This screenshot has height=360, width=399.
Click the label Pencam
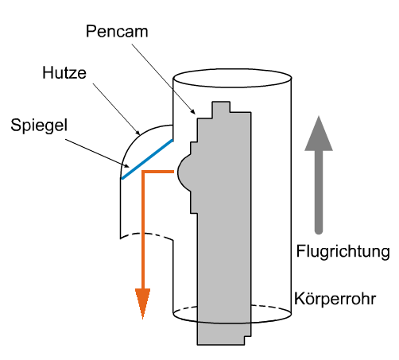point(117,32)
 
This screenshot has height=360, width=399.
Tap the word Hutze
point(64,72)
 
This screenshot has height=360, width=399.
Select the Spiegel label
point(39,125)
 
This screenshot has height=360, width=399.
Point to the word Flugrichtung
point(343,251)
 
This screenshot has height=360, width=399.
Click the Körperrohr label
point(335,299)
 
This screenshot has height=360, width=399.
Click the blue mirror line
point(147,159)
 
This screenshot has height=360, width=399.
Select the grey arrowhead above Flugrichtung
point(319,134)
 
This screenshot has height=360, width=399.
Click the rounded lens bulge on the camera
point(184,172)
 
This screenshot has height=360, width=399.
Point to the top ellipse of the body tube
point(232,78)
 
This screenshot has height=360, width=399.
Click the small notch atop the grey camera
point(221,106)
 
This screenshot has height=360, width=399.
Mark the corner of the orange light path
point(143,172)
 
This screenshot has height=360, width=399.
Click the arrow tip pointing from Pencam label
point(196,114)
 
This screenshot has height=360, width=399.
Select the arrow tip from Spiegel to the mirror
point(129,167)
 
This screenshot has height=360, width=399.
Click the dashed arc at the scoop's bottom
point(146,234)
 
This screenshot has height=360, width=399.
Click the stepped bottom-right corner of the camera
point(247,340)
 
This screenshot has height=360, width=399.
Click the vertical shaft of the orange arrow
point(143,230)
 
